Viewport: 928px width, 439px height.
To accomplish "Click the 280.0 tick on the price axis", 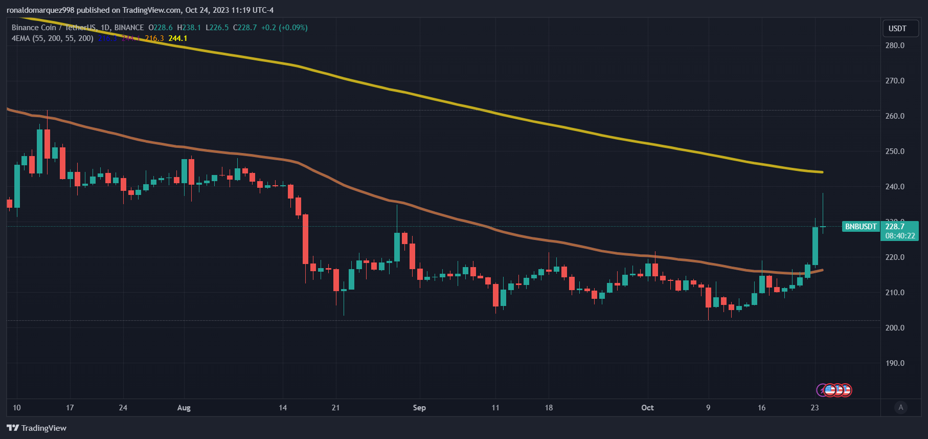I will (895, 46).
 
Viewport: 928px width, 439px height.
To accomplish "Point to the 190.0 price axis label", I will (895, 363).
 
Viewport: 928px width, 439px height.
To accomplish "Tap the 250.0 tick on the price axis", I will (895, 151).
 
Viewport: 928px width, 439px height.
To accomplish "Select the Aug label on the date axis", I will (184, 408).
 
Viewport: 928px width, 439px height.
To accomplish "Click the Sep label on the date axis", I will (419, 408).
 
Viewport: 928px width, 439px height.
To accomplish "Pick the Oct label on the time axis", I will (647, 408).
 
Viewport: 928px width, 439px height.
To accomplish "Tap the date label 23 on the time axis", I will (814, 408).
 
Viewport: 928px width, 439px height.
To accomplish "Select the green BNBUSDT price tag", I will (861, 227).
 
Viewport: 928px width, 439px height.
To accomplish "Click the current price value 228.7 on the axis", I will (895, 226).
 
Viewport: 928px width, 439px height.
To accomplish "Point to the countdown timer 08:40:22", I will (900, 236).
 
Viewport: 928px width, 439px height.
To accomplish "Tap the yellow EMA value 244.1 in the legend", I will (177, 38).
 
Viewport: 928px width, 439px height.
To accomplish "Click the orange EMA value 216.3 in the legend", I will (154, 38).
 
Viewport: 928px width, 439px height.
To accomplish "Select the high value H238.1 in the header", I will (189, 28).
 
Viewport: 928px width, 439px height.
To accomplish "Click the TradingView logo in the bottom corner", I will (37, 428).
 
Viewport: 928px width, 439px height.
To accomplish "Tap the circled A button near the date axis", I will (901, 407).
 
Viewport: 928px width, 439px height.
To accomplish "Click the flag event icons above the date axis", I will (834, 390).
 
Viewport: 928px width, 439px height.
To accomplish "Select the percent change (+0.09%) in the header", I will (293, 28).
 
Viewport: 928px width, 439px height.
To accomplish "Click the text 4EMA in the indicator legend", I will (20, 38).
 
